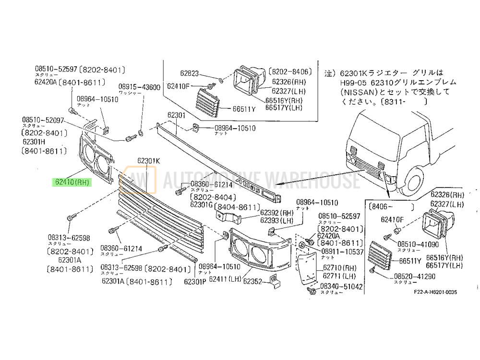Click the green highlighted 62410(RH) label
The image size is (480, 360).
(x=72, y=182)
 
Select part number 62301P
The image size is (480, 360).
(x=195, y=282)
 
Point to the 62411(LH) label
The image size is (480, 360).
(x=222, y=279)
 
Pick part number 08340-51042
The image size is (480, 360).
(x=342, y=287)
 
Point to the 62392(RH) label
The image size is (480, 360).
(x=276, y=212)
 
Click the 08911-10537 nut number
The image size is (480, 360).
(x=342, y=252)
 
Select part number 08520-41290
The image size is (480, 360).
(x=415, y=277)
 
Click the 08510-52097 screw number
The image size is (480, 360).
(x=43, y=120)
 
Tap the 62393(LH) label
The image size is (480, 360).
(x=276, y=220)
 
